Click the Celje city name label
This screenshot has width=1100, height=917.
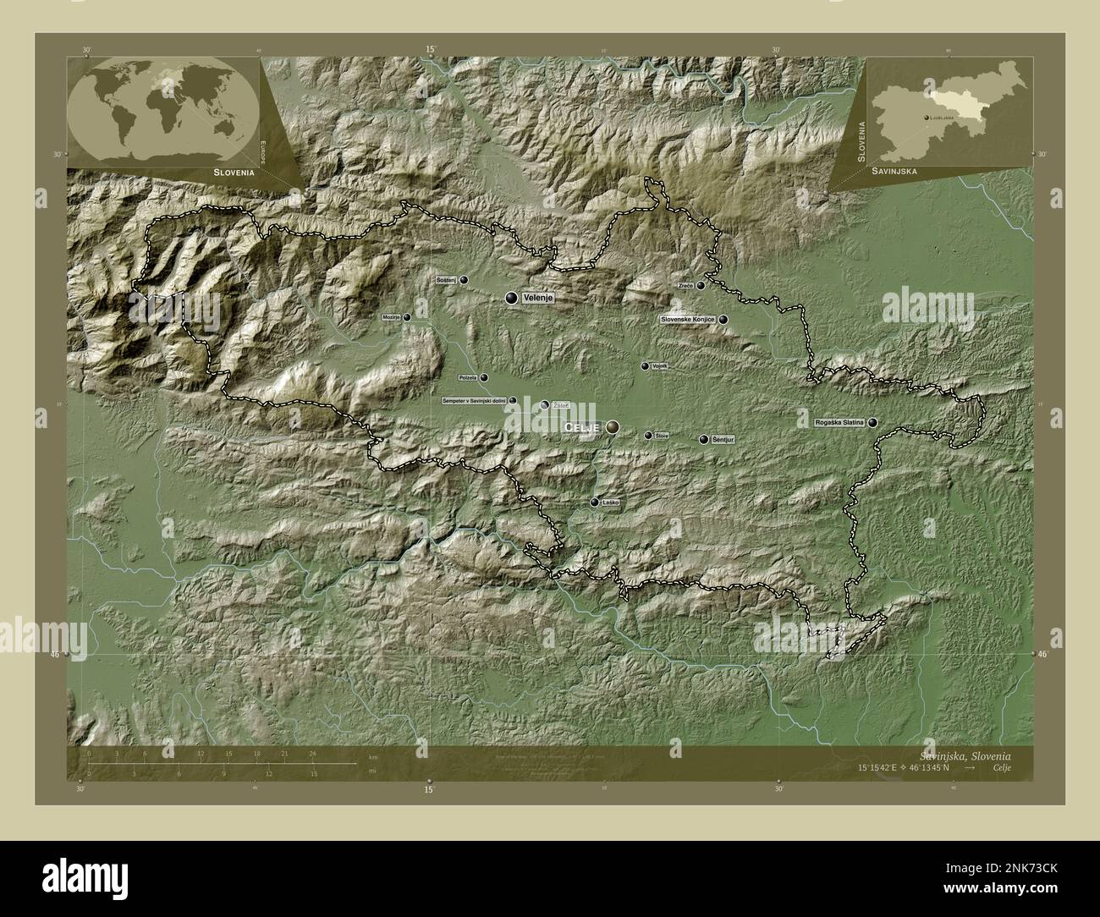point(581,428)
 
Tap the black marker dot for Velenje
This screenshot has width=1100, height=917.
point(511,298)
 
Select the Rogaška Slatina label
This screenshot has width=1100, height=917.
point(838,422)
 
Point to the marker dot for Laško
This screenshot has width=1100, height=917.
point(595,502)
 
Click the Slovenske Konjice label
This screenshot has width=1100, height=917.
point(688,320)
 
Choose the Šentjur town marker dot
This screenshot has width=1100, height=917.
point(704,440)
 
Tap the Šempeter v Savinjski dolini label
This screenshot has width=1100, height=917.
point(474,400)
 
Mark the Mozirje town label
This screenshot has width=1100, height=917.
point(391,317)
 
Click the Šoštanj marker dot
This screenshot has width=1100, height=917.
point(464,279)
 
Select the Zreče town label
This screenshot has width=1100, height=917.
point(685,286)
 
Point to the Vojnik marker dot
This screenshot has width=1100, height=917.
point(645,366)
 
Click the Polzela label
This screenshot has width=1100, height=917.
point(467,378)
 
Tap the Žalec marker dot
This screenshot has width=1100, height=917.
point(545,405)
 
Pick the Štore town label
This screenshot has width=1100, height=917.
point(662,436)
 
